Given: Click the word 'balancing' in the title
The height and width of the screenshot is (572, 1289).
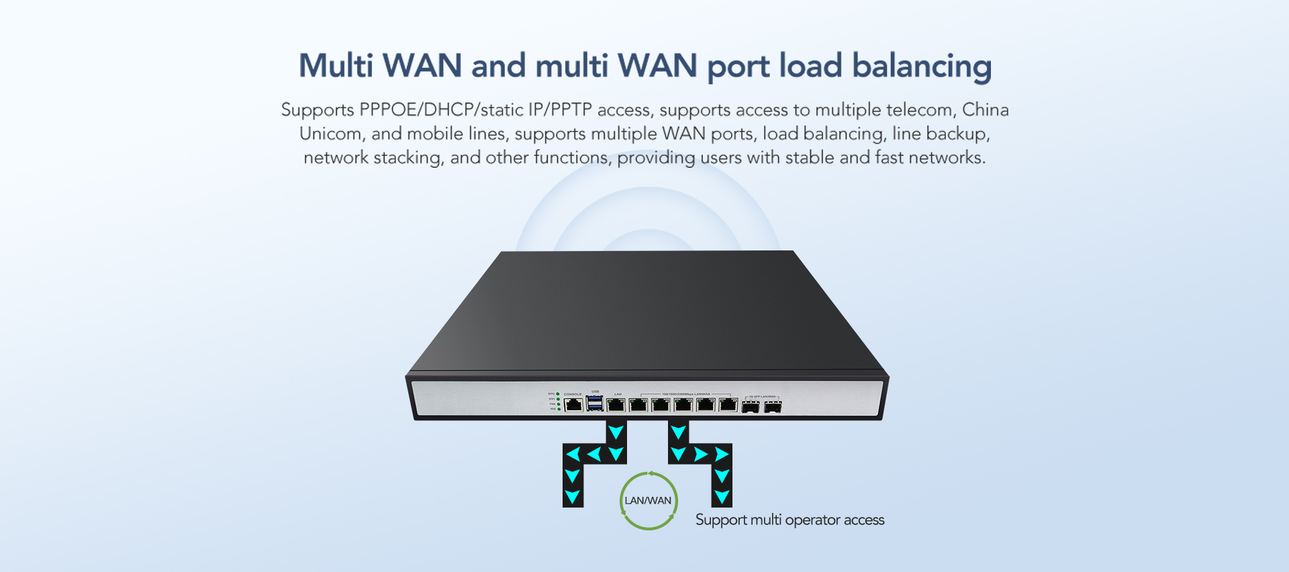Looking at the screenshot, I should click(x=921, y=66).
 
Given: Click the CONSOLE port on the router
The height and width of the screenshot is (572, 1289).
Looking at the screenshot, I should click(x=573, y=404).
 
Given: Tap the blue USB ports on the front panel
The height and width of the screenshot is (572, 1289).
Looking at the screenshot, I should click(x=594, y=403).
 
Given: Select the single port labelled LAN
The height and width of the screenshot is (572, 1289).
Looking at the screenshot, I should click(x=616, y=404).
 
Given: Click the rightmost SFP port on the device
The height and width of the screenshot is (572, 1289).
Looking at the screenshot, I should click(x=773, y=407).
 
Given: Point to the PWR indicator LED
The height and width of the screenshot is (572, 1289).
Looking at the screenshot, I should click(x=559, y=404).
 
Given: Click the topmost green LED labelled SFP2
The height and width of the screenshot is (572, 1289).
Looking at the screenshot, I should click(x=559, y=393).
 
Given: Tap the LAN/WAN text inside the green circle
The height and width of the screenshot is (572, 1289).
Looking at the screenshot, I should click(x=648, y=501).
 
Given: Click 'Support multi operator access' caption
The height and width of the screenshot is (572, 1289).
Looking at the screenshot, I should click(x=790, y=520).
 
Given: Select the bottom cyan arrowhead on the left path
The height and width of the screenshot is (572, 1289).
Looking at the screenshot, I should click(x=572, y=497).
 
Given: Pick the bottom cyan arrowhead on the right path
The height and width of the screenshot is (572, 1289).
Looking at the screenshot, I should click(x=722, y=497).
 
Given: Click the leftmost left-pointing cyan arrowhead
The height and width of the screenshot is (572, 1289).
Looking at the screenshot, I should click(x=573, y=455).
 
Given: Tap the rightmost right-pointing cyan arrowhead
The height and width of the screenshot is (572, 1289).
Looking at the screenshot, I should click(x=722, y=455).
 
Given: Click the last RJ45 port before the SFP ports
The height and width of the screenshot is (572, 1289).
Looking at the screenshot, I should click(x=728, y=404).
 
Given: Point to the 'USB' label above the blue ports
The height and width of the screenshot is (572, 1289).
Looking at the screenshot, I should click(x=595, y=391).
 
